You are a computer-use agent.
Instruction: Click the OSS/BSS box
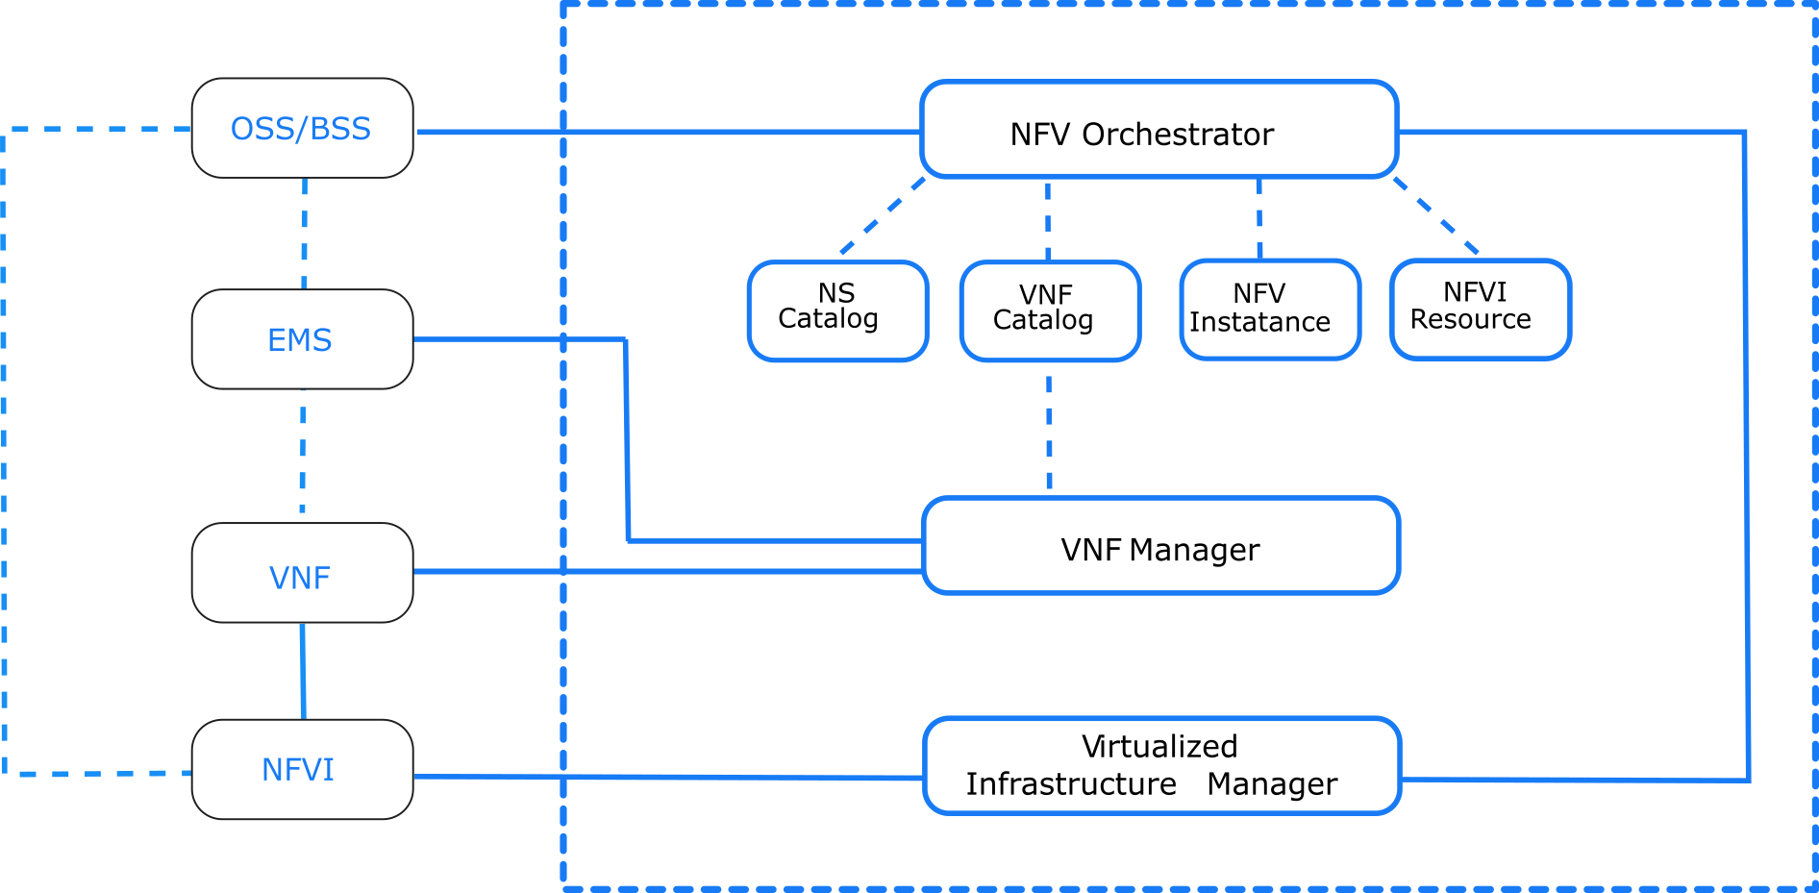point(302,128)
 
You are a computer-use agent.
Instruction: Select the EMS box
point(302,339)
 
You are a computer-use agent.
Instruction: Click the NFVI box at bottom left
point(302,769)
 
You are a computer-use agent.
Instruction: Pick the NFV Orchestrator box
point(1159,130)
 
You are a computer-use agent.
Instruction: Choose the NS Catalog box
point(837,310)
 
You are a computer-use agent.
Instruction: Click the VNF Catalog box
point(1050,310)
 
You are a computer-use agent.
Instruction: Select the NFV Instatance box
point(1269,310)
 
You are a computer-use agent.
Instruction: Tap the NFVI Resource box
point(1480,309)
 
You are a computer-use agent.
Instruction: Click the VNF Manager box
point(1160,546)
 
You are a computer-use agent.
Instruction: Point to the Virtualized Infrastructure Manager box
point(1161,765)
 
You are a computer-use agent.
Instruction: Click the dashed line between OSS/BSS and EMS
point(305,234)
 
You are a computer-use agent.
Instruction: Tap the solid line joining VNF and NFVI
point(303,670)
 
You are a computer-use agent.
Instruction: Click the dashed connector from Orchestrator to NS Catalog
point(883,216)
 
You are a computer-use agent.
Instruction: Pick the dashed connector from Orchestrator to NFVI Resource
point(1436,216)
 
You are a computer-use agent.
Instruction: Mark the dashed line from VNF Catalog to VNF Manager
point(1049,433)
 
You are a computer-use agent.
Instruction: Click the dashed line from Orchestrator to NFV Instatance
point(1259,218)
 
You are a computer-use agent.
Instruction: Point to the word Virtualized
point(1159,747)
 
